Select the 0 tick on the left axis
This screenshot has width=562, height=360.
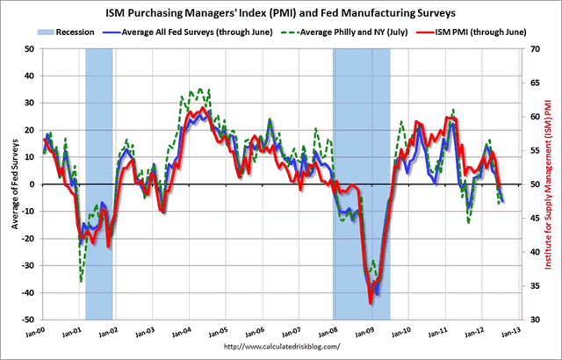(34, 184)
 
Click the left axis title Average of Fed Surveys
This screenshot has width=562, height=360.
(14, 183)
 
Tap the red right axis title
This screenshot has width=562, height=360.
(550, 183)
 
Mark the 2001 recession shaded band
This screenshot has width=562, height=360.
(98, 176)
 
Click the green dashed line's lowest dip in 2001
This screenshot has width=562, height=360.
(81, 281)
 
